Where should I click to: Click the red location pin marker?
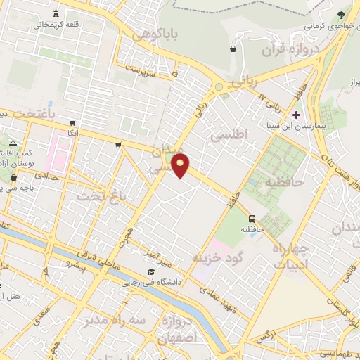point(181,167)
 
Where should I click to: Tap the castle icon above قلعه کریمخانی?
point(56,13)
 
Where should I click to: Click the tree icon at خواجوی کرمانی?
point(342,15)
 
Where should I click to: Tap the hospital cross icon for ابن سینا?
point(296,115)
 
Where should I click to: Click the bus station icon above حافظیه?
point(252,218)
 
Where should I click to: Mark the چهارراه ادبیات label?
point(290,257)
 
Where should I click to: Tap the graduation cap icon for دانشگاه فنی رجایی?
point(150,272)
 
